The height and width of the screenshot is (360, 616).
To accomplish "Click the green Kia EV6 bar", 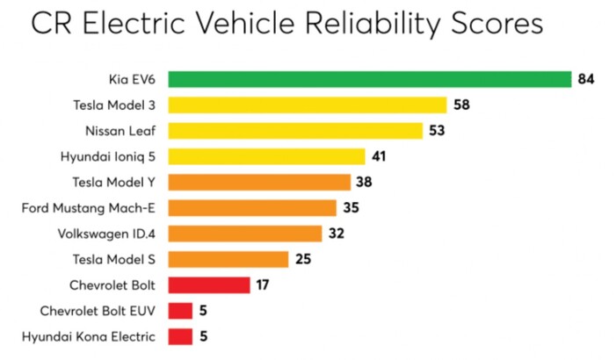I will [x=369, y=80].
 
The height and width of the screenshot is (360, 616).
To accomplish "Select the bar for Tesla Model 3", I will [x=308, y=105].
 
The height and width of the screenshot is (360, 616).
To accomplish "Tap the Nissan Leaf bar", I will [x=294, y=131].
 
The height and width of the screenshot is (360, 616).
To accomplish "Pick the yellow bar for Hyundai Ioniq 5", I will [x=266, y=157].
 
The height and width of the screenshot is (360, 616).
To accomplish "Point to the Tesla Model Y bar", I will [x=259, y=183].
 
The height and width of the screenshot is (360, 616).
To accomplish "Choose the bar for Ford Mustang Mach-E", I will [x=252, y=208].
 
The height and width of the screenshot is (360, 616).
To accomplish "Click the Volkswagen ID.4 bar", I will [x=244, y=234].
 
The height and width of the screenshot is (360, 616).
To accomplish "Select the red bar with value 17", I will [x=209, y=285].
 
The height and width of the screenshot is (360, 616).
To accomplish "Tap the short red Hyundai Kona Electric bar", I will [x=180, y=336].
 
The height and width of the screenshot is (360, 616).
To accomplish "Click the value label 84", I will [x=587, y=80].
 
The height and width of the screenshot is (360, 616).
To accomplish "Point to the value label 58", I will [x=462, y=105].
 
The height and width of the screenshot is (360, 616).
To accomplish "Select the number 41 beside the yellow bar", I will [x=380, y=157].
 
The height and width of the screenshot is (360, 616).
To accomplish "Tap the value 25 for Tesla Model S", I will [x=303, y=260].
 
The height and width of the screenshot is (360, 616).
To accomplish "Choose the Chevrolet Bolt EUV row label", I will [x=99, y=311].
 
